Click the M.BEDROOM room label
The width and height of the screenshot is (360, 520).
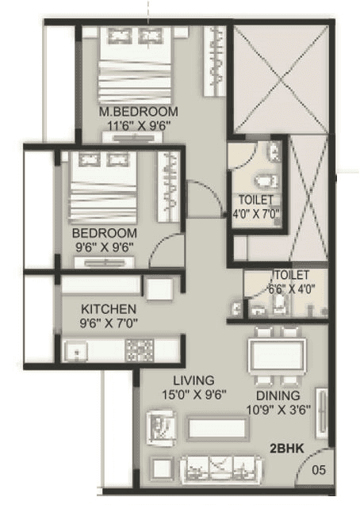point(139,111)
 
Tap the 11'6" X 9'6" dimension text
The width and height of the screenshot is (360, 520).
point(139,124)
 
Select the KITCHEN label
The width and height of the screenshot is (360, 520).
point(109,308)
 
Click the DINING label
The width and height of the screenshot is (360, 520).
point(278,396)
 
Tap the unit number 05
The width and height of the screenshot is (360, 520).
point(317,469)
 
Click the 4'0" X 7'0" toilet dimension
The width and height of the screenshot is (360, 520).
point(257,212)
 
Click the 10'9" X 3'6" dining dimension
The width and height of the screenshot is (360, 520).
point(278,410)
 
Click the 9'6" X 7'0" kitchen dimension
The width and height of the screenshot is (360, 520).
point(109,323)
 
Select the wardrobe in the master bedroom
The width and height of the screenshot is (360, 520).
point(216,59)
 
